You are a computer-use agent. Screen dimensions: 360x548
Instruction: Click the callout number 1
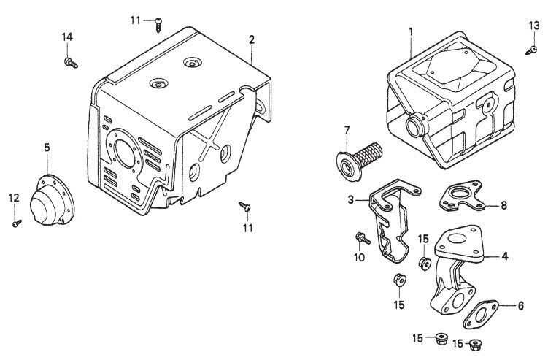click(411, 32)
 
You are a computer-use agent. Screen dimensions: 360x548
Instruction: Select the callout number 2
click(251, 38)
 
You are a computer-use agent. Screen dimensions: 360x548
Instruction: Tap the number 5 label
click(47, 148)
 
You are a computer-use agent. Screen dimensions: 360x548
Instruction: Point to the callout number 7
click(347, 131)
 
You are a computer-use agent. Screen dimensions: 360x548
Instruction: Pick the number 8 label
click(503, 205)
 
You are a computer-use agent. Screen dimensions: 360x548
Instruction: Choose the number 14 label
click(67, 37)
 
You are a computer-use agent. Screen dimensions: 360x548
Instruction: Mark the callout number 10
click(358, 257)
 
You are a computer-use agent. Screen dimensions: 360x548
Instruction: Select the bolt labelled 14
click(71, 63)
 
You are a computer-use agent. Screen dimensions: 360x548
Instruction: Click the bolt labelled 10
click(359, 238)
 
